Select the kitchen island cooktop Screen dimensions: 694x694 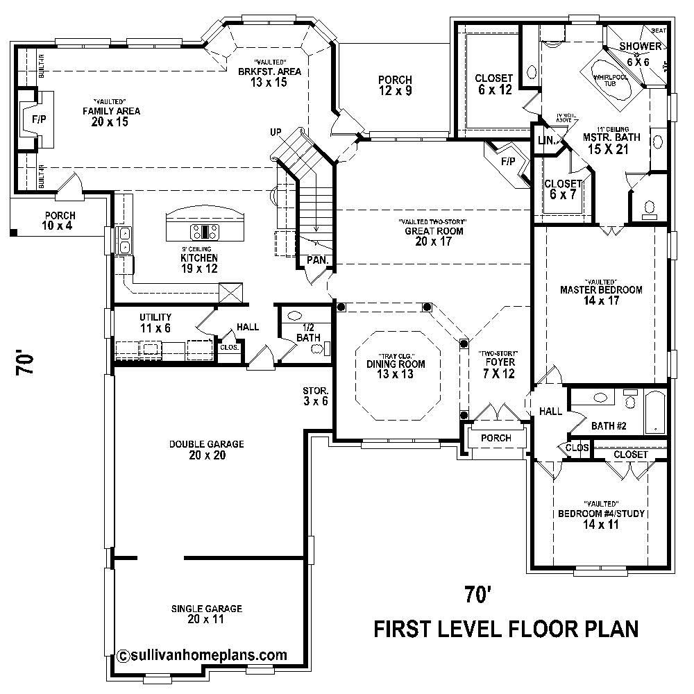(x=205, y=231)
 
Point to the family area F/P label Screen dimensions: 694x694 (x=38, y=119)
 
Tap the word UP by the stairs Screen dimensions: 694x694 (x=276, y=131)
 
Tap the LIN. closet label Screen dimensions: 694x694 (x=545, y=141)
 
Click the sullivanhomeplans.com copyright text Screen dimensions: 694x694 (x=203, y=654)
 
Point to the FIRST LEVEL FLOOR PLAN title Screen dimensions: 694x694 (x=506, y=629)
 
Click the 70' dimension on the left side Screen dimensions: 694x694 (x=26, y=364)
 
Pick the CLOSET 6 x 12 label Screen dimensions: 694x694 (x=493, y=83)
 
